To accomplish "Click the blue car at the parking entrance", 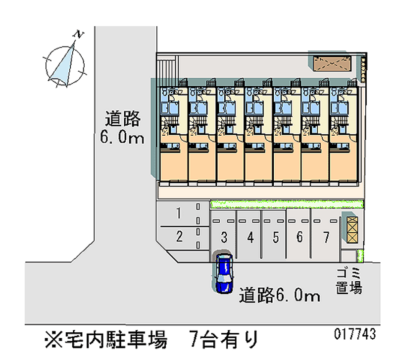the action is point(224,273).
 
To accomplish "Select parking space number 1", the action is point(179,213).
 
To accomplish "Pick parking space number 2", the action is point(179,237).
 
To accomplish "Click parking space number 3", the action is point(224,238).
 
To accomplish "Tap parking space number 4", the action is point(250,238).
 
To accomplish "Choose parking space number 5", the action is point(276,238).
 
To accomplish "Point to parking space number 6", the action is point(299,237).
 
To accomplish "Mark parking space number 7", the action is point(326,237).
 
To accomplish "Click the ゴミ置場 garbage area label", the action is point(349,280).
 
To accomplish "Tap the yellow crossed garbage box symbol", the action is point(351,229).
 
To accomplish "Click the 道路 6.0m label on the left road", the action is point(122,127).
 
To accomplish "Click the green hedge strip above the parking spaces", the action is point(287,204).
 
